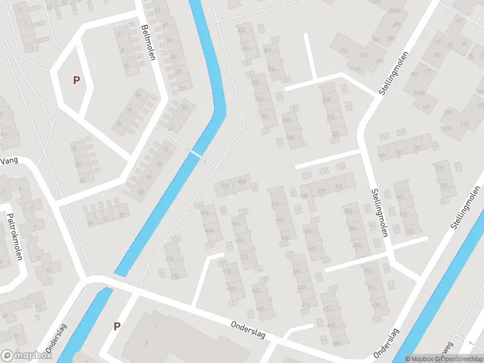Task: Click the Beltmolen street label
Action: tap(148, 43)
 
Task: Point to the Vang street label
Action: tap(10, 160)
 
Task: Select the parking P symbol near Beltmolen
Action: tap(76, 80)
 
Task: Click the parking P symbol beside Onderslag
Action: tap(117, 326)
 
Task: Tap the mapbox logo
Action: tap(25, 356)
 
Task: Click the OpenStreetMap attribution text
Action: tap(459, 359)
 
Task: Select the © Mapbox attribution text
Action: tap(419, 359)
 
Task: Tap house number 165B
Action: tap(418, 93)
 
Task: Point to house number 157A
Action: tap(447, 129)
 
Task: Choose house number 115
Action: tap(464, 123)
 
